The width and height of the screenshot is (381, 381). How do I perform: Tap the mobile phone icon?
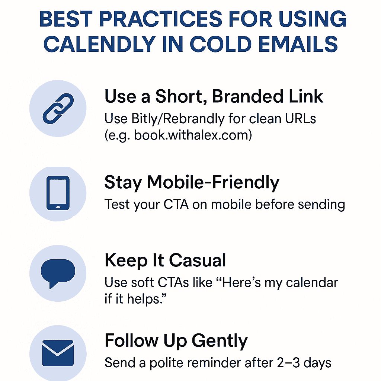58,193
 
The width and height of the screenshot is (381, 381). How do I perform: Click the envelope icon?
58,353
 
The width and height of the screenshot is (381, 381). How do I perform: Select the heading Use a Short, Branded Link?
214,96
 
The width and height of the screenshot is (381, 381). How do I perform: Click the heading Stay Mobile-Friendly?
192,183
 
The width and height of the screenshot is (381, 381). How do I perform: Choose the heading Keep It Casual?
165,260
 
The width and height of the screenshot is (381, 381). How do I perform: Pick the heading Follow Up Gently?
176,341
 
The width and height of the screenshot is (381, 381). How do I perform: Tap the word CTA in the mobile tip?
176,204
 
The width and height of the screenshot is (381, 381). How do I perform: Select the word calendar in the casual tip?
312,283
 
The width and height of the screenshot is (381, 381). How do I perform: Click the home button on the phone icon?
58,207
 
